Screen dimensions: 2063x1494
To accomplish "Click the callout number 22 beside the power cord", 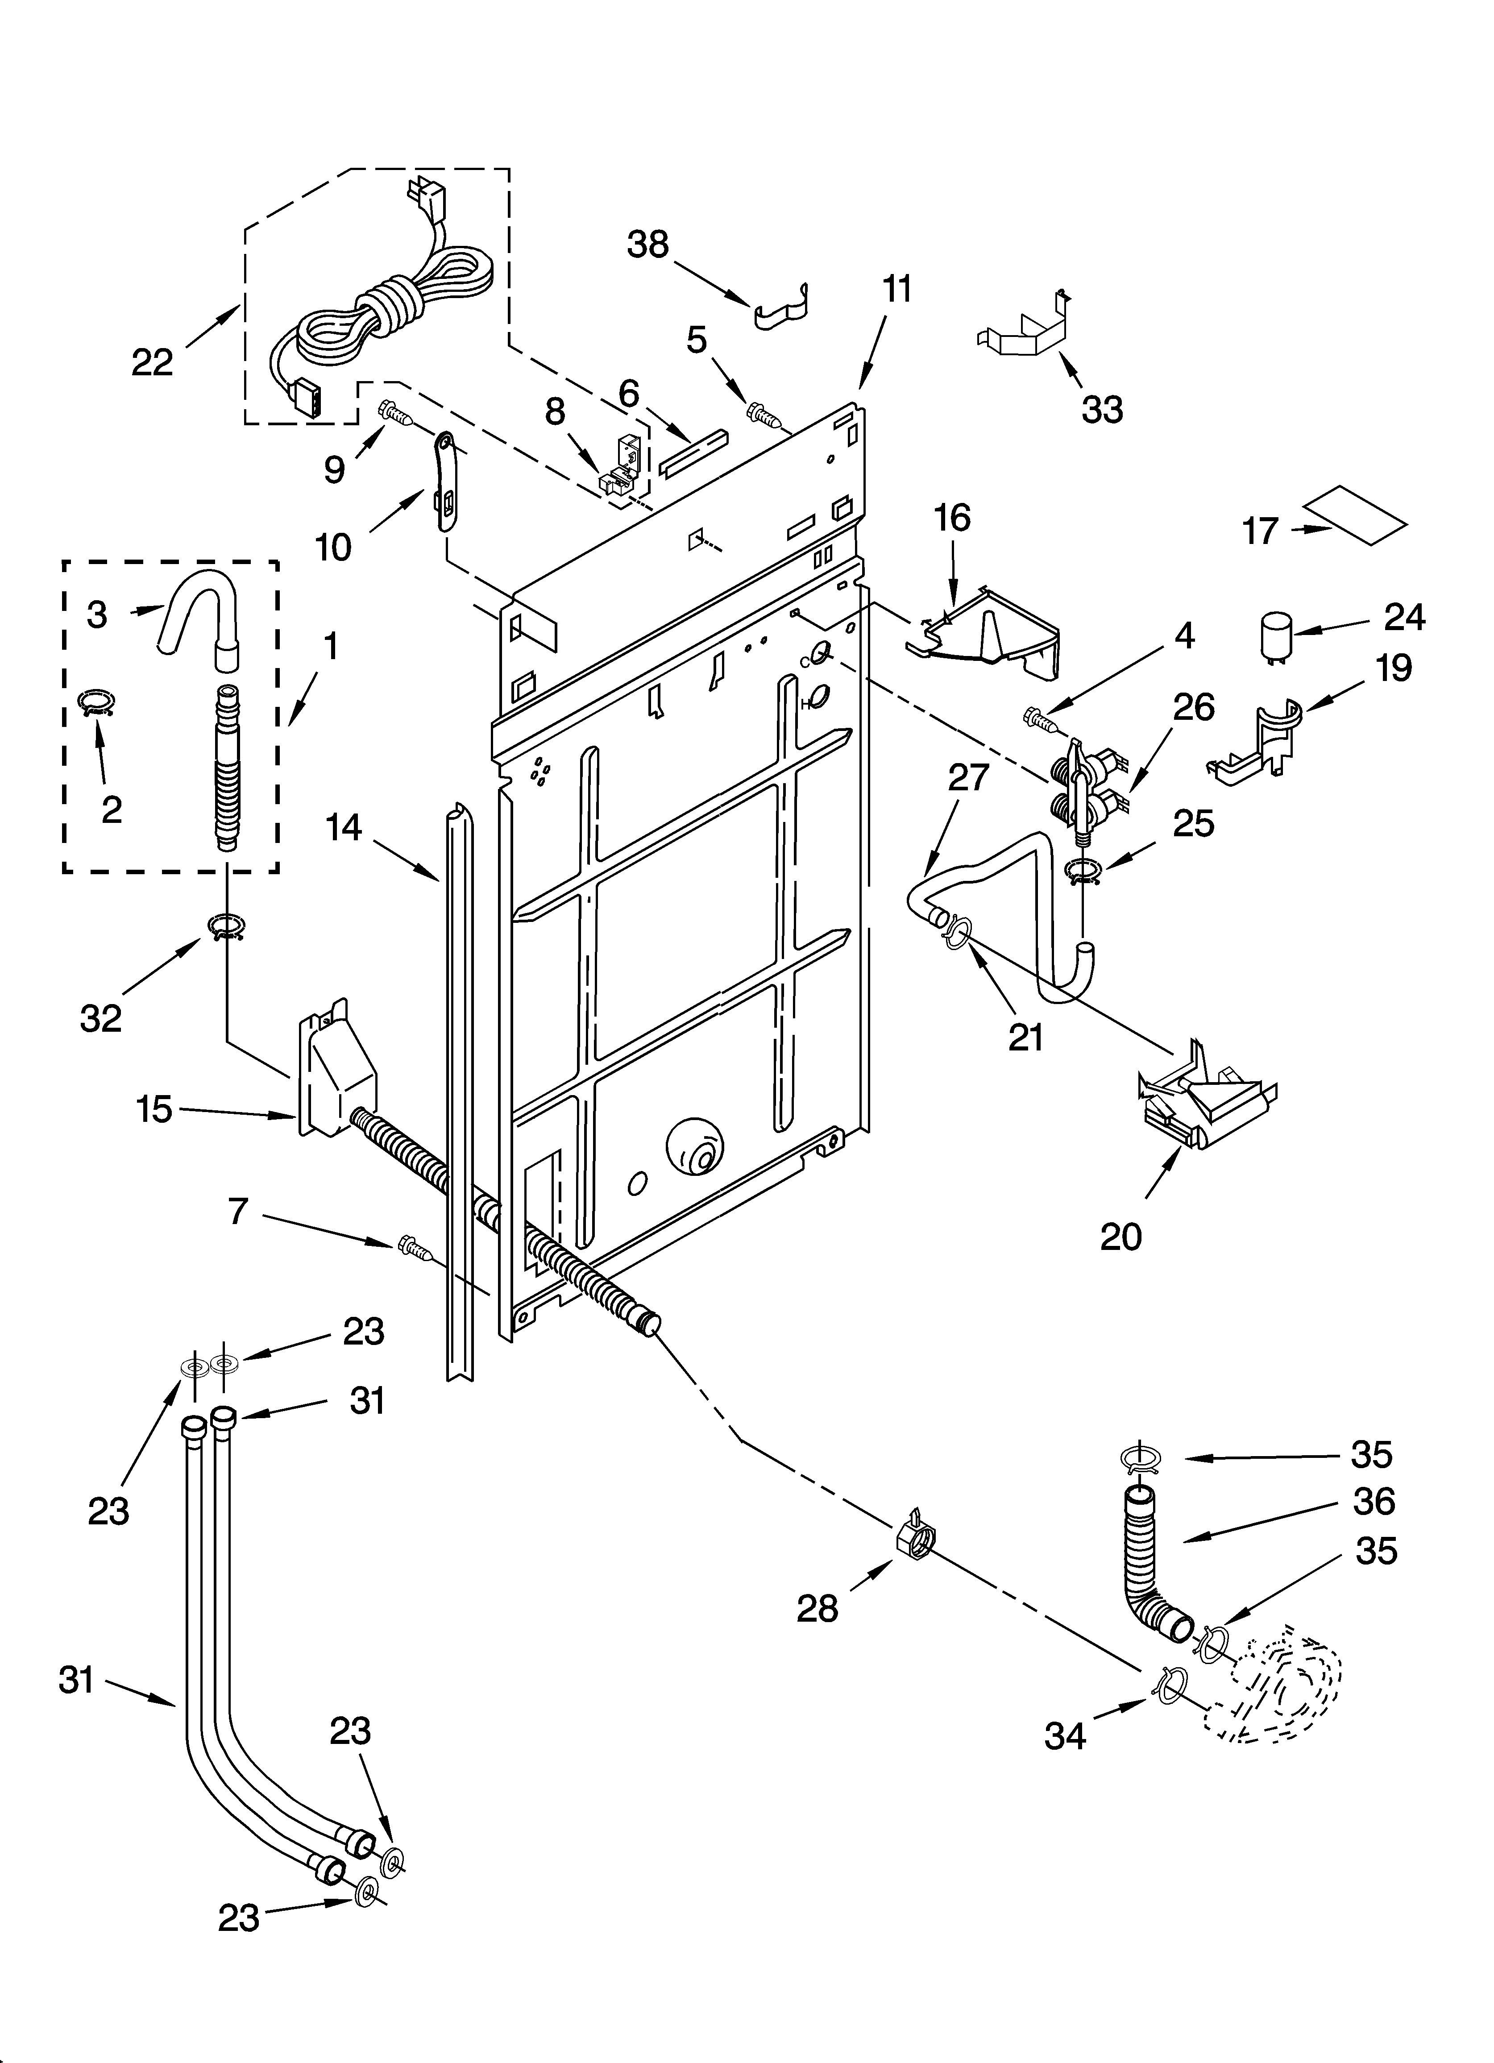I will coord(152,363).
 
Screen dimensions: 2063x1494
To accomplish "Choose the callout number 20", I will coord(1120,1236).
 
